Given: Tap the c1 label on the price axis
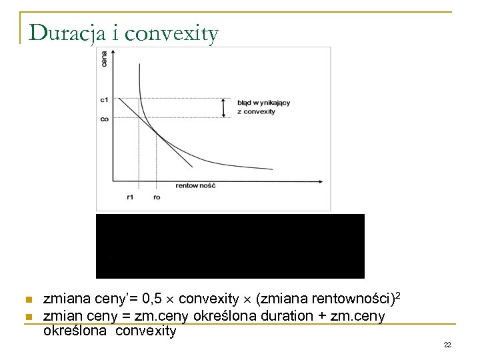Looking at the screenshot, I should click(x=104, y=99).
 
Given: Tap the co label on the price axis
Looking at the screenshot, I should click(x=104, y=119).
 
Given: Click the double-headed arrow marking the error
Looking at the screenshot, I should click(x=225, y=107).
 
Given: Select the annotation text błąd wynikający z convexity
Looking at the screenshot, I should click(x=263, y=107).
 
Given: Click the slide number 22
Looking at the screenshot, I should click(x=447, y=345).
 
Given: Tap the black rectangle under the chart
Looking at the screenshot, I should click(x=230, y=245).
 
